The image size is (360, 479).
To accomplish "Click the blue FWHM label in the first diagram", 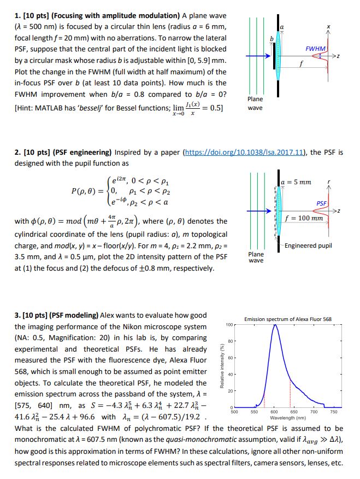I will pyautogui.click(x=316, y=49).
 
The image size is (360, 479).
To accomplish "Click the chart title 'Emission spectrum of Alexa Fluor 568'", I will pyautogui.click(x=288, y=319).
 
